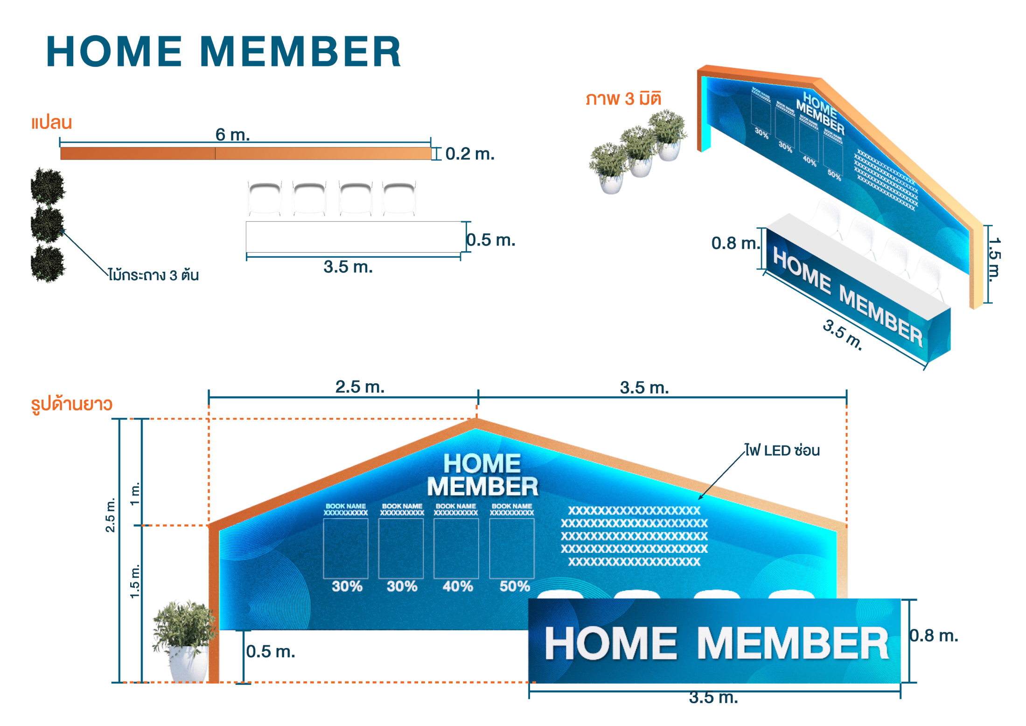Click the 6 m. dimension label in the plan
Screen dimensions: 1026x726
click(x=232, y=134)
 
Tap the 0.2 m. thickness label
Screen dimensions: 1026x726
click(x=469, y=154)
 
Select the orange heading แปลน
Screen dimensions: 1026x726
click(x=52, y=123)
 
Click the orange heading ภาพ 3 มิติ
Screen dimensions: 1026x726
click(x=623, y=99)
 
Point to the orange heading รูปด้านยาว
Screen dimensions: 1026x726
click(x=72, y=404)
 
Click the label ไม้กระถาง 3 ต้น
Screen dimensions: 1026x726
click(x=154, y=275)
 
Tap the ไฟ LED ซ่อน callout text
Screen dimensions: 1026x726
click(x=782, y=451)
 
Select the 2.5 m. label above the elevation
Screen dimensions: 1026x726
click(x=360, y=387)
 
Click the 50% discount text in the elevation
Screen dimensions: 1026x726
click(x=514, y=586)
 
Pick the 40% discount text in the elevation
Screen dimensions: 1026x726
click(x=457, y=586)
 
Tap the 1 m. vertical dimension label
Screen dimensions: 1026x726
click(x=135, y=494)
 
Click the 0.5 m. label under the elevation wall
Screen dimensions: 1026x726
click(x=271, y=651)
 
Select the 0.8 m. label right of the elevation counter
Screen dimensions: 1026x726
click(x=934, y=635)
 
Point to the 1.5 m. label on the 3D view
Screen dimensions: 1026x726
click(x=994, y=259)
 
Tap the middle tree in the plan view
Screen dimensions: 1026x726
click(x=47, y=225)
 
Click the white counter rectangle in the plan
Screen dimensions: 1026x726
click(x=353, y=237)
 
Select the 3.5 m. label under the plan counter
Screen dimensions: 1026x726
click(x=348, y=267)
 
